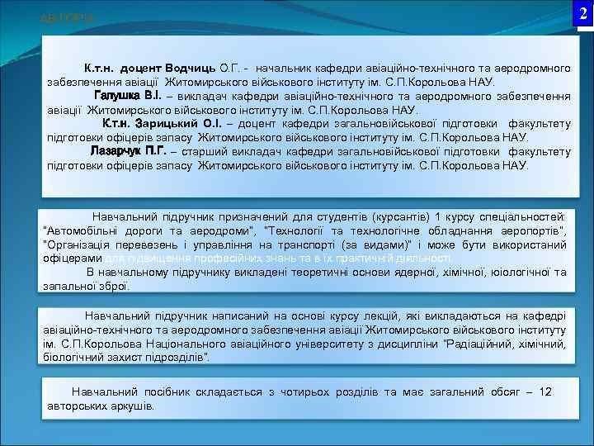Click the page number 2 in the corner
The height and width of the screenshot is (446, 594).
[583, 13]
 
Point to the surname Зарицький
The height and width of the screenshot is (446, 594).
[171, 124]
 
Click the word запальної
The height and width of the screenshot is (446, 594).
[70, 286]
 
